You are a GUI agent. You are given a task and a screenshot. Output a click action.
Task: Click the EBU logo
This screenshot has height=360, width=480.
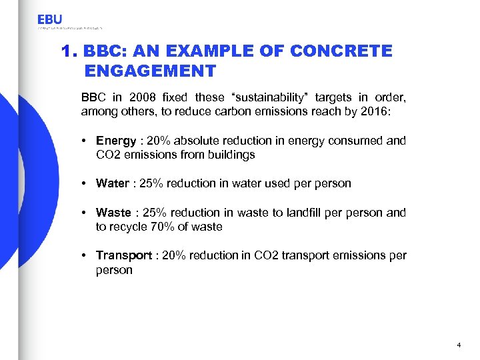(51, 20)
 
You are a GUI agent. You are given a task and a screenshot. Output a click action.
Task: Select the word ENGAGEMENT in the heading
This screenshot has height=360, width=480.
(151, 71)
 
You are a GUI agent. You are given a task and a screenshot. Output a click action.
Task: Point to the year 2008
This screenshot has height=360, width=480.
(147, 98)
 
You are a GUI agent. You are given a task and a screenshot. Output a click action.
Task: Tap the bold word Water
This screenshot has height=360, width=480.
(113, 183)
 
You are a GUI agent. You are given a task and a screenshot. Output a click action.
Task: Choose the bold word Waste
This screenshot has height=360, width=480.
(113, 213)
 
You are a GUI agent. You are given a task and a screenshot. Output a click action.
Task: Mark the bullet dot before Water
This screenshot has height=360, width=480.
(86, 183)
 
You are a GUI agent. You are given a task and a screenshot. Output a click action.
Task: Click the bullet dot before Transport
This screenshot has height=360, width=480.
(86, 255)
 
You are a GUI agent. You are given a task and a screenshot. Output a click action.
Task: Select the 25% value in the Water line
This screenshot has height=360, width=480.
(153, 183)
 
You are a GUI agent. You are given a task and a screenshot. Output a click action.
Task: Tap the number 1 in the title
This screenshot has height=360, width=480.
(65, 51)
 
